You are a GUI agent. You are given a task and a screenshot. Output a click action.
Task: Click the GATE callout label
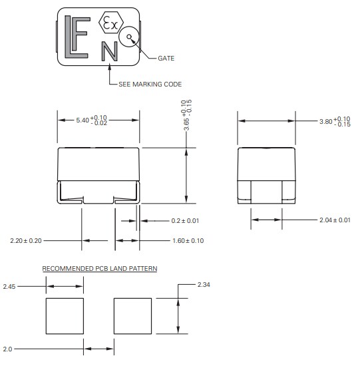166,59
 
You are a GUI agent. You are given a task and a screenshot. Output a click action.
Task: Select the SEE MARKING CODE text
150,84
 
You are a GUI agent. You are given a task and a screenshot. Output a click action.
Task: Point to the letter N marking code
109,51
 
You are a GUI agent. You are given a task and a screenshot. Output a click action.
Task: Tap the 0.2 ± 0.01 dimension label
185,220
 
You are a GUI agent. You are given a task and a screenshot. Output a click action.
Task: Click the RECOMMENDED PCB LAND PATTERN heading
99,269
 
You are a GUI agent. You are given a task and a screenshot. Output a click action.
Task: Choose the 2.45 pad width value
9,286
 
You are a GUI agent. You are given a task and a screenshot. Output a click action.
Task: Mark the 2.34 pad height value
205,284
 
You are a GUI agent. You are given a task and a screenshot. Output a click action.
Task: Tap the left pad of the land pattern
65,317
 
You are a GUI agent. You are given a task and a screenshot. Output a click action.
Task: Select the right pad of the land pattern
133,317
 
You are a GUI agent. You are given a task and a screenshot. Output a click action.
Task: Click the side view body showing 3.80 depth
266,174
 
